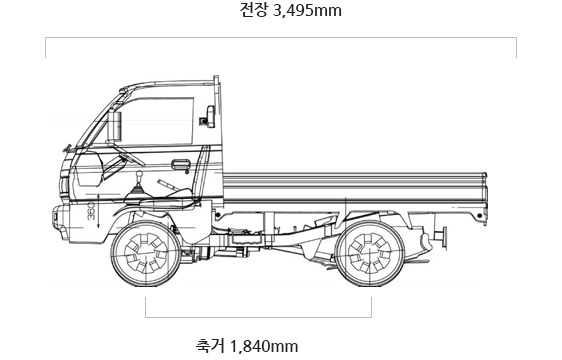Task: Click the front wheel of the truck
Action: pyautogui.click(x=146, y=253)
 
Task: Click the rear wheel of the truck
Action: pyautogui.click(x=371, y=253)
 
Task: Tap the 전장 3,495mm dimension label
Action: pyautogui.click(x=291, y=10)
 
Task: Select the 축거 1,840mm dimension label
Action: pyautogui.click(x=247, y=346)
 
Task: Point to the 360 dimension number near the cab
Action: pyautogui.click(x=91, y=211)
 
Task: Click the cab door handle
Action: pyautogui.click(x=181, y=165)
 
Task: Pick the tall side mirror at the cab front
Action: pyautogui.click(x=114, y=125)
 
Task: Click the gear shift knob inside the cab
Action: pyautogui.click(x=140, y=175)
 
